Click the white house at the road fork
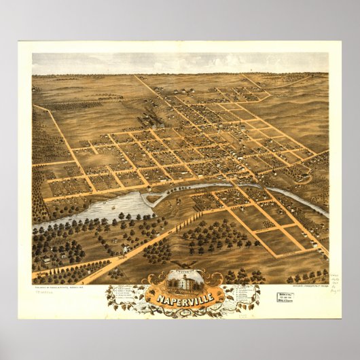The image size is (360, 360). click(x=125, y=250)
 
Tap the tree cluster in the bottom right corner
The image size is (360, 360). click(x=309, y=276)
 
